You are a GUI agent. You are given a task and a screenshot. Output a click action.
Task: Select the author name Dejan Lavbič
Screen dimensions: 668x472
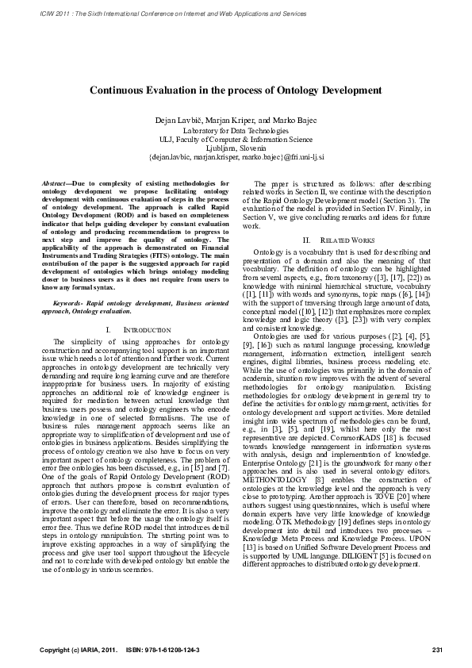click(x=182, y=119)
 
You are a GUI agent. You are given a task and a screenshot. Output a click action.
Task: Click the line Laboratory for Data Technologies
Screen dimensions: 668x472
click(x=236, y=129)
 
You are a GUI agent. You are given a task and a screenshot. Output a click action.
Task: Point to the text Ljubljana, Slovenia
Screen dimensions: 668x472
click(x=236, y=147)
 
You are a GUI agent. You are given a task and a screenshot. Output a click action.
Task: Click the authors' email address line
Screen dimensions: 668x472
click(x=236, y=156)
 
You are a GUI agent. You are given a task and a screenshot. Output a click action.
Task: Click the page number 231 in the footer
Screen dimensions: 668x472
click(x=436, y=650)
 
